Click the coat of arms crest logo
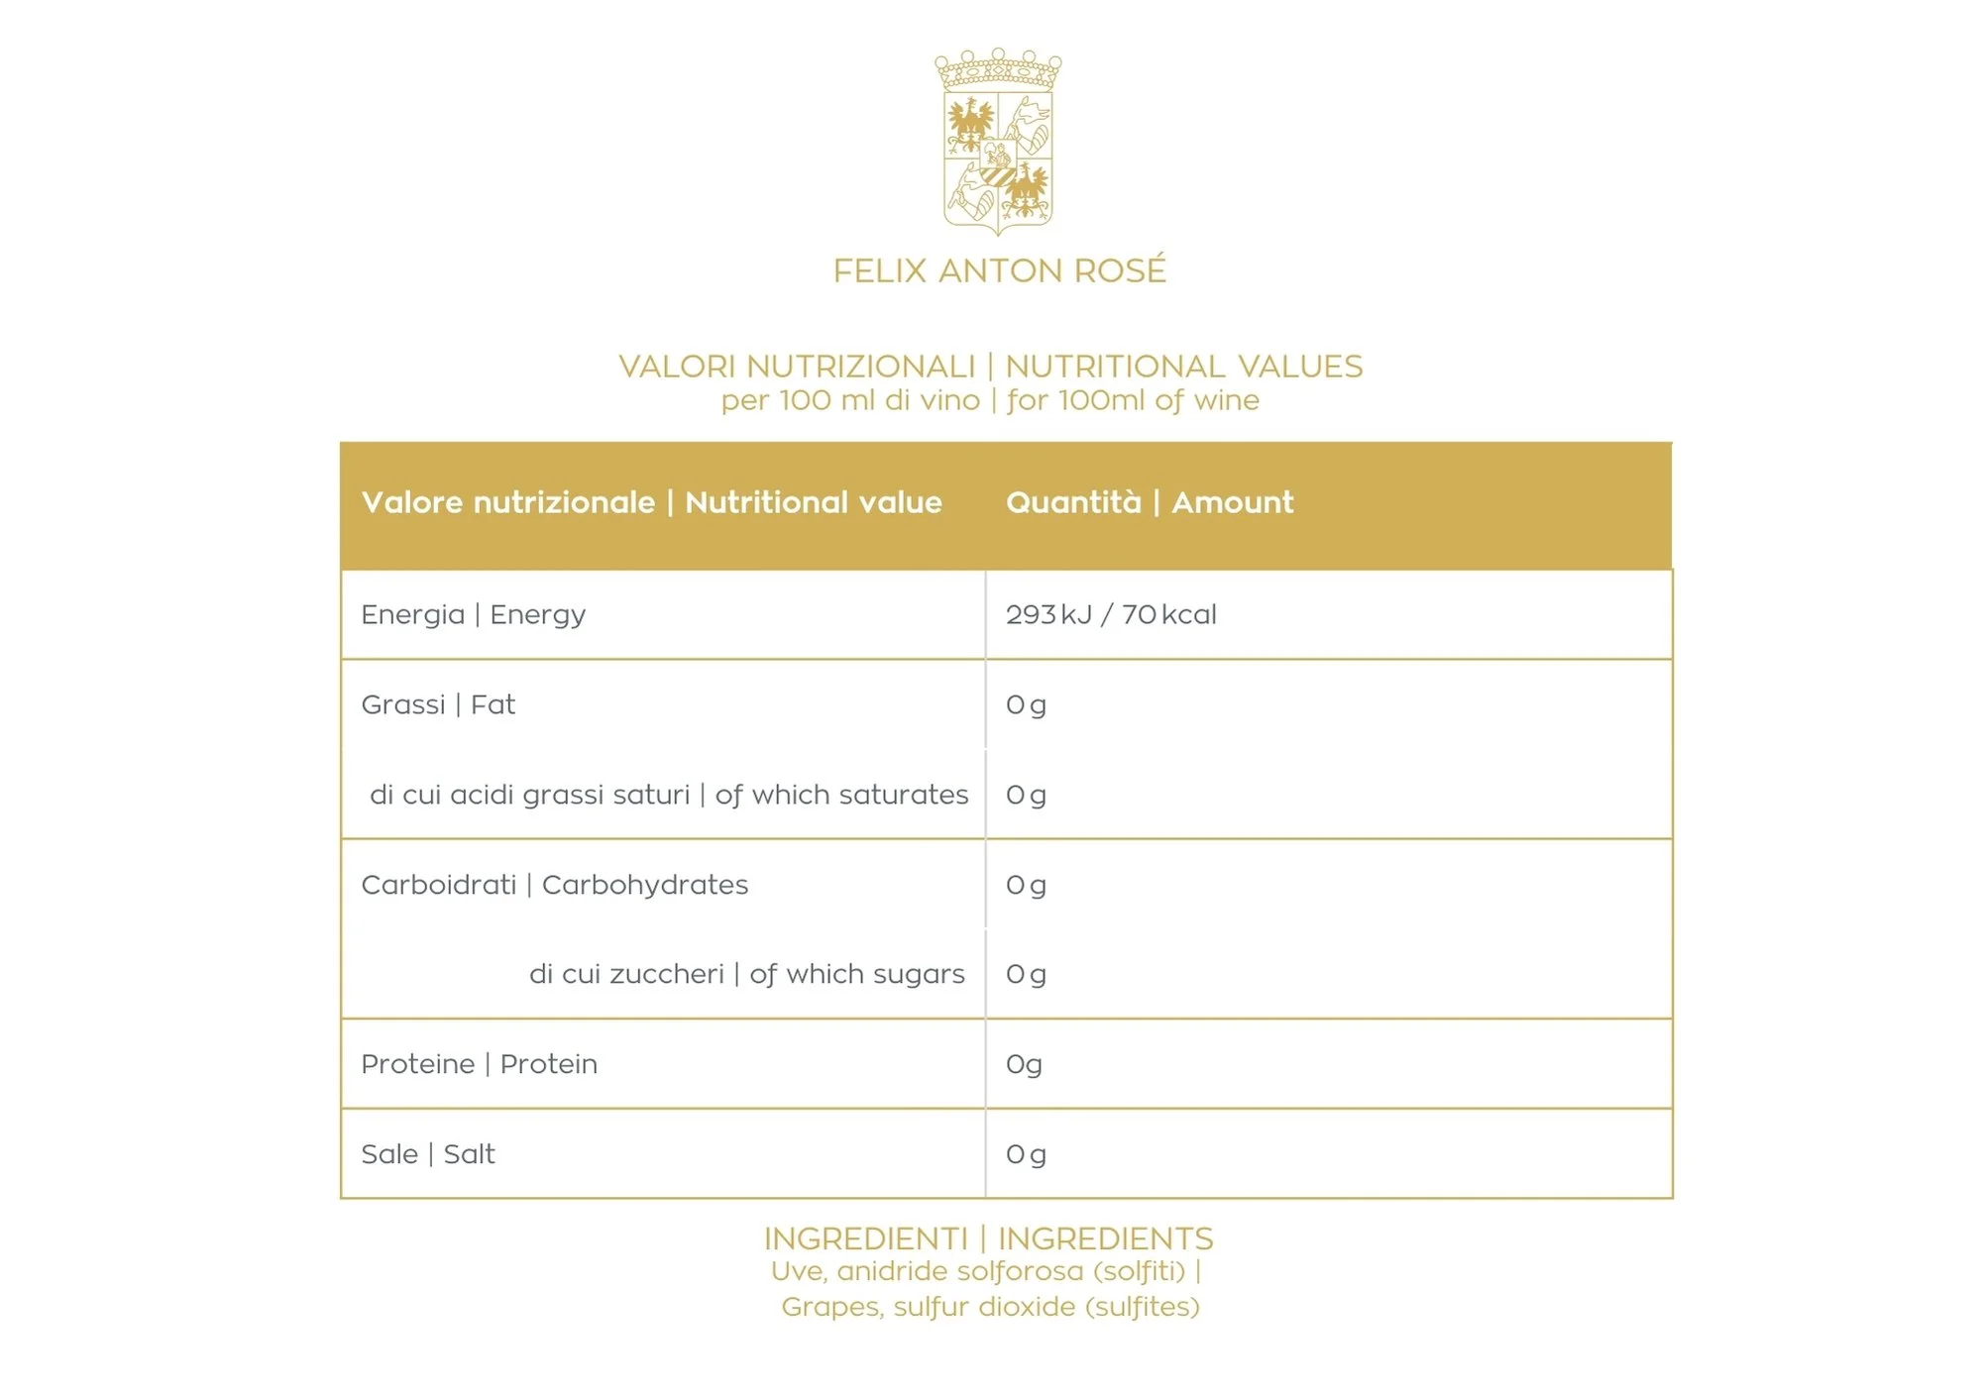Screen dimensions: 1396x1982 tap(998, 142)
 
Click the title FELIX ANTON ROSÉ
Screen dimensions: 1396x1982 tap(999, 270)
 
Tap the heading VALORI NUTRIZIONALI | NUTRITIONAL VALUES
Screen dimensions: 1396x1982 tap(990, 367)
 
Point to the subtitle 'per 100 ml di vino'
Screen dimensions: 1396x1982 tap(849, 400)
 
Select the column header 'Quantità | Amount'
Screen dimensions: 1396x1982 tap(1149, 502)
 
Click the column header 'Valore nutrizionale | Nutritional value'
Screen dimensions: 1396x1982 tap(651, 502)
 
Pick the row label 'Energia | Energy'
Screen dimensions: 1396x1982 tap(473, 614)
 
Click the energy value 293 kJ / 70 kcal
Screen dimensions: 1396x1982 tap(1111, 614)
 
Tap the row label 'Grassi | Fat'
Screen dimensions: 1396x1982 tap(438, 704)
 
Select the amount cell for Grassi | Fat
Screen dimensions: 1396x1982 tap(1026, 704)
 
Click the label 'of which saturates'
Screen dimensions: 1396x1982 tap(841, 795)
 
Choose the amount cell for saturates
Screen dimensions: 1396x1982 tap(1026, 795)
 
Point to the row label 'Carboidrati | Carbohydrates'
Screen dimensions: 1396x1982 tap(554, 885)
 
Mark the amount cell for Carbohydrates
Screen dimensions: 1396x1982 tap(1026, 885)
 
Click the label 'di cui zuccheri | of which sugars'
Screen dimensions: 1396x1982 tap(746, 974)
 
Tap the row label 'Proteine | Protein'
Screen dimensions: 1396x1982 tap(479, 1064)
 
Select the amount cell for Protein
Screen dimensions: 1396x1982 tap(1024, 1064)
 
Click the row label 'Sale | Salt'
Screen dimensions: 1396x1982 tap(427, 1154)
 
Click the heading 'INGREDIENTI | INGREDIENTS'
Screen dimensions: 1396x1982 tap(988, 1238)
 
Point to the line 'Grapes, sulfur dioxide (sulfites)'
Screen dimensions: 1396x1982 tap(990, 1307)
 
